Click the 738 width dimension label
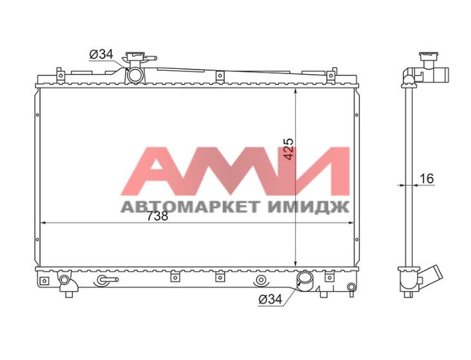tap(157, 216)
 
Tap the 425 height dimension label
tap(289, 149)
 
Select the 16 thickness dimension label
tap(427, 178)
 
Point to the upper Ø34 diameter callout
tap(101, 54)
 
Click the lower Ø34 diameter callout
tap(271, 299)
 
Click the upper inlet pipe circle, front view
tap(135, 75)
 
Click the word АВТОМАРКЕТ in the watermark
tap(189, 207)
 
